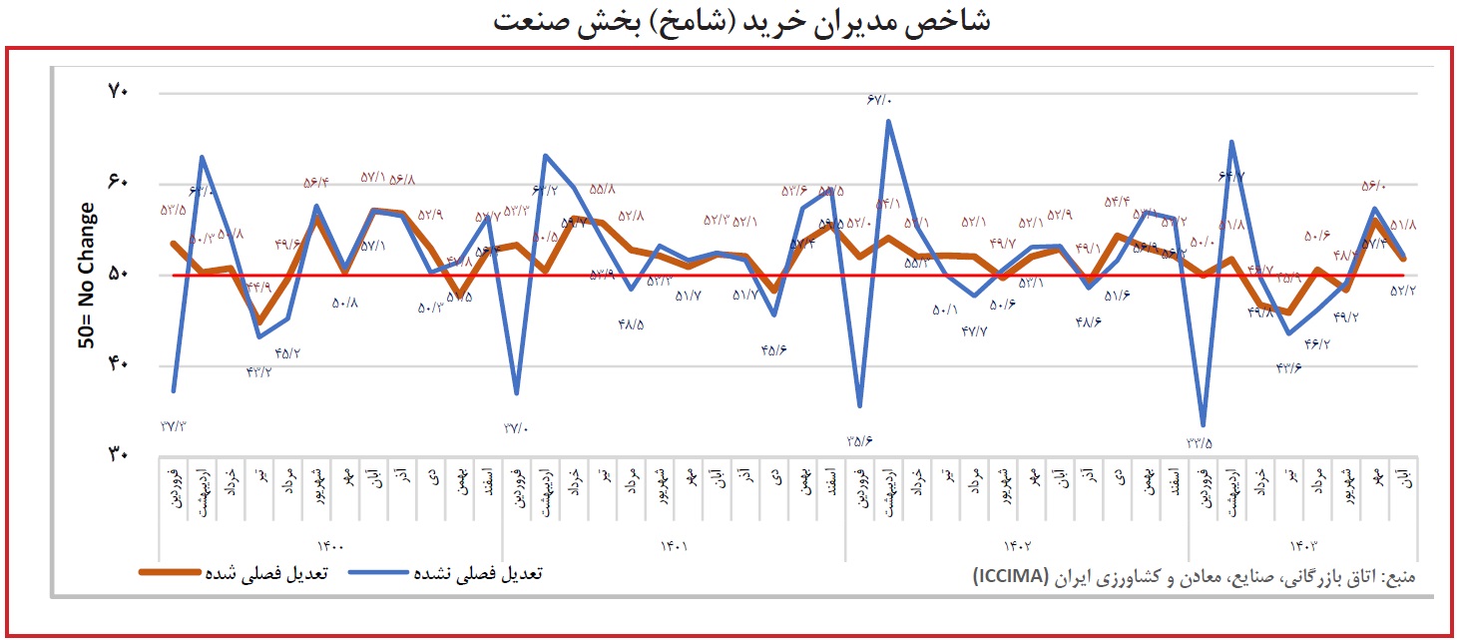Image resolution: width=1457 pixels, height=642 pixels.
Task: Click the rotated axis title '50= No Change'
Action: click(88, 276)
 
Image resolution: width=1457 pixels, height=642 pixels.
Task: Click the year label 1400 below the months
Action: click(330, 546)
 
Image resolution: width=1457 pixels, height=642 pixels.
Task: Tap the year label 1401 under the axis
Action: click(675, 546)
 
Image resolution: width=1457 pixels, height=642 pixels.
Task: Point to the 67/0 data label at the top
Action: click(880, 100)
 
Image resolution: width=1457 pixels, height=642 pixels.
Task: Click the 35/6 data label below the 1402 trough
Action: click(860, 440)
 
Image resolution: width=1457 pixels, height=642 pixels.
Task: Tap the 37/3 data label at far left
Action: click(173, 426)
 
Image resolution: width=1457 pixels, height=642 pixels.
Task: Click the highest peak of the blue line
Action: click(888, 121)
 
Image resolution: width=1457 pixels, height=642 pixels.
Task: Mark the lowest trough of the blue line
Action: click(1204, 425)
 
